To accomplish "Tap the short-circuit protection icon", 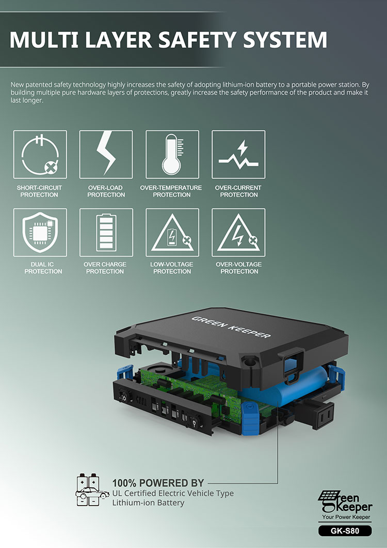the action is [40, 155].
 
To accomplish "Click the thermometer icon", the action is [172, 155].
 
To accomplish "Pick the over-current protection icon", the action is [238, 155].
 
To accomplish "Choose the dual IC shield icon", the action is [40, 233].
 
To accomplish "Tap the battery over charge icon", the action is [106, 233].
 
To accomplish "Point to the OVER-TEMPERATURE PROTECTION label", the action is [171, 191].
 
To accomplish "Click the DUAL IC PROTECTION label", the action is [43, 268].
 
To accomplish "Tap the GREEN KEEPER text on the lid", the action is [231, 327].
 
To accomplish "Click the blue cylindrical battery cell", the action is [284, 386].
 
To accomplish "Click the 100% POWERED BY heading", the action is [158, 483].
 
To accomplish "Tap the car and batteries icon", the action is [92, 490].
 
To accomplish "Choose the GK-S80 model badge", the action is [345, 531].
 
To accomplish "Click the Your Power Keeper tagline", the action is [346, 517].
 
